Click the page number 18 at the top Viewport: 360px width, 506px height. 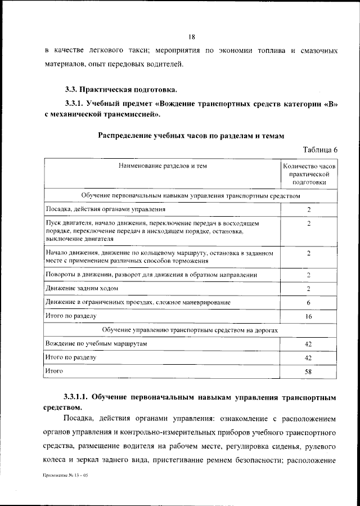point(191,37)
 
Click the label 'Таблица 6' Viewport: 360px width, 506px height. point(320,150)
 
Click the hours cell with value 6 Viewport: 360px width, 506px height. point(309,303)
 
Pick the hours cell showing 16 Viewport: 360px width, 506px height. point(309,316)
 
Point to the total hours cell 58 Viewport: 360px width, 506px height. point(309,371)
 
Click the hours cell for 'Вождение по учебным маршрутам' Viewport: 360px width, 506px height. point(309,344)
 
